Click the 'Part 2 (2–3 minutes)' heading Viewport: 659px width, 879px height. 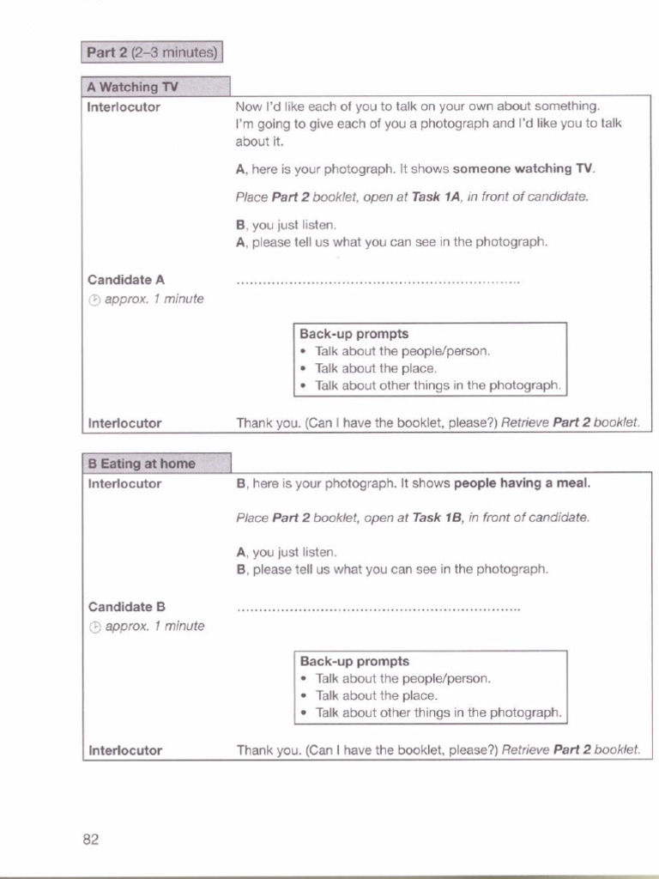[152, 53]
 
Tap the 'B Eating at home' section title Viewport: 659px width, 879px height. [142, 464]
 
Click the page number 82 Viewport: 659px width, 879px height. [91, 840]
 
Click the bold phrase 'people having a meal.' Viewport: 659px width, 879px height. [523, 483]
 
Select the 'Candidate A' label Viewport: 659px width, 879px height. [125, 280]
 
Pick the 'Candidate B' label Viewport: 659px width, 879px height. [125, 607]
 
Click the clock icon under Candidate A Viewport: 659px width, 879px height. [94, 300]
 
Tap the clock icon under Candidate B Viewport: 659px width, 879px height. [94, 627]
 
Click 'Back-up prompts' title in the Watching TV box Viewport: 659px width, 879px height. [354, 334]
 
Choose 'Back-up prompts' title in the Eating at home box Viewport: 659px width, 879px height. [354, 661]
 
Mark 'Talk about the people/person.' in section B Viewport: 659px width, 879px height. [403, 678]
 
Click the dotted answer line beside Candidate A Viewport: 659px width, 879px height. [378, 282]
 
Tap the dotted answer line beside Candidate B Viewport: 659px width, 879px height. [378, 609]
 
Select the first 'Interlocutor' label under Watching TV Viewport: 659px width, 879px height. [124, 107]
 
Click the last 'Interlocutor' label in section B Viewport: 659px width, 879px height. [125, 750]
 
